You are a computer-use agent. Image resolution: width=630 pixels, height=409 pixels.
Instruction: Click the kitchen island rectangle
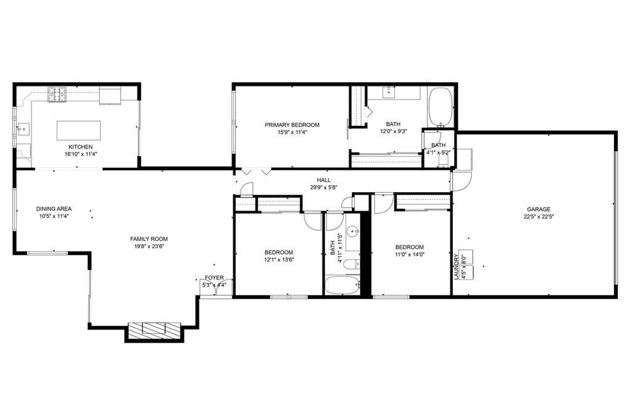(79, 130)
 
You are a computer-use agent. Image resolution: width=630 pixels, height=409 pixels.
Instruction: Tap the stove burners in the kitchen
(57, 94)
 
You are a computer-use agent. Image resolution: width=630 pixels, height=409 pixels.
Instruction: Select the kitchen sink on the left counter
(24, 129)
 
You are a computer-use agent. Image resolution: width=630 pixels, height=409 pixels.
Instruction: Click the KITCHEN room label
(81, 147)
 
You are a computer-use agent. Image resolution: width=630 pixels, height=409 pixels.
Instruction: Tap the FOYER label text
(214, 278)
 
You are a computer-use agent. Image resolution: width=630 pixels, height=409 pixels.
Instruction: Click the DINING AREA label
(54, 209)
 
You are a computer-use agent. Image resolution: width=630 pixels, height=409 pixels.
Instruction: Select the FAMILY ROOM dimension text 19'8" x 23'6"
(149, 246)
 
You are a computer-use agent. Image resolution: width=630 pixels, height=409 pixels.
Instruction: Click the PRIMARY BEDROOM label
(292, 125)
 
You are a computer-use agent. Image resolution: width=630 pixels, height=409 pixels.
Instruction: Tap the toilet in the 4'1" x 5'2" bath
(442, 160)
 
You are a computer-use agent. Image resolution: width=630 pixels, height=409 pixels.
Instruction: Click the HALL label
(324, 180)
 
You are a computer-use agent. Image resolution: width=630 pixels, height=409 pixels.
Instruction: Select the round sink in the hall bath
(352, 232)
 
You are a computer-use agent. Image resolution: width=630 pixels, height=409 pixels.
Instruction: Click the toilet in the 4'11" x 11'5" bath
(348, 265)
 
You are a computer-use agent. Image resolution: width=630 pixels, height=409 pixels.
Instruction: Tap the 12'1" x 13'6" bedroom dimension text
(279, 259)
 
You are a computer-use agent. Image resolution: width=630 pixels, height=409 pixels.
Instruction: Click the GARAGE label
(538, 209)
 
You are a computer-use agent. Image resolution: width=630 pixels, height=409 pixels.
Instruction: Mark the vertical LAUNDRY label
(457, 267)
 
